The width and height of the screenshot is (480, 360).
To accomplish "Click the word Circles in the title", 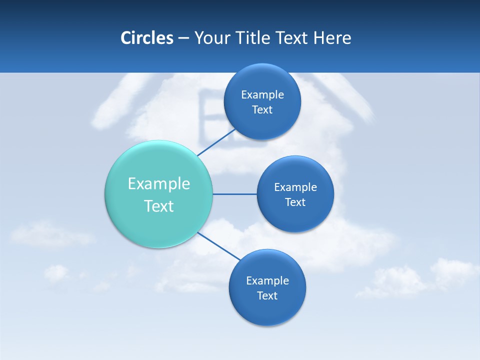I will tap(147, 38).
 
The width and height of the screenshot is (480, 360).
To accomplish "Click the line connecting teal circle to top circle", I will tap(216, 142).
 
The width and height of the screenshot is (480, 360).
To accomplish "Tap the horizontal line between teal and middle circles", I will tap(234, 194).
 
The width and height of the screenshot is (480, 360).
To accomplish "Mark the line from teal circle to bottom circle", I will tap(218, 246).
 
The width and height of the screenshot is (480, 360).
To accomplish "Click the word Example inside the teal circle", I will tap(159, 184).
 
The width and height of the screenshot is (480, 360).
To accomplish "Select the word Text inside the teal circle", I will tap(159, 206).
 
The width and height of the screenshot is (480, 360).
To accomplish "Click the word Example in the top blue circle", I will tap(262, 95).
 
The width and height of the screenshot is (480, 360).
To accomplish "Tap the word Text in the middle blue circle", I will tap(295, 202).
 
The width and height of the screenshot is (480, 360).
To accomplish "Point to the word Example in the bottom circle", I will tap(267, 281).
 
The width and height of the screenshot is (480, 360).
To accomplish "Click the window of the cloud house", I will tap(210, 117).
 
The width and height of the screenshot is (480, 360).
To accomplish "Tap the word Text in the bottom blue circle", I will tap(267, 296).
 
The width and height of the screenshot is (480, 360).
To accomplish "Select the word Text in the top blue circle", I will tap(262, 110).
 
